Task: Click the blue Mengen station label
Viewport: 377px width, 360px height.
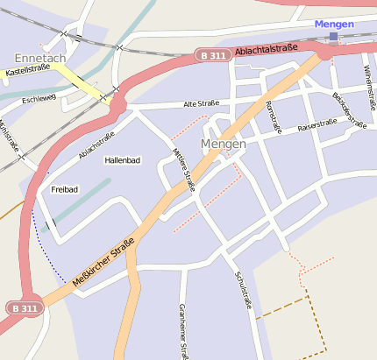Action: coord(333,24)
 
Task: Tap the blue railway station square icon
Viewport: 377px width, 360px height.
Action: coord(333,37)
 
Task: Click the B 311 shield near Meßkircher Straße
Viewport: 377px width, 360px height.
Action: coord(23,308)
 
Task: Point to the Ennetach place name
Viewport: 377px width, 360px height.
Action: coord(40,57)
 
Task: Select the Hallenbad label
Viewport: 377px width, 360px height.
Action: coord(122,160)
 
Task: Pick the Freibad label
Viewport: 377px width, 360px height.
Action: coord(64,189)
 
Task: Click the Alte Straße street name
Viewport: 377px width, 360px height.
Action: coord(201,103)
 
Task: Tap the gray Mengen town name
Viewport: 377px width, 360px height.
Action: coord(223,143)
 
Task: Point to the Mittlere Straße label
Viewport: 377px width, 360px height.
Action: coord(184,169)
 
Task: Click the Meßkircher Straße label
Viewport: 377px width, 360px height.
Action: coord(103,261)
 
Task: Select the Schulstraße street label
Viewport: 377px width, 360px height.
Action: coord(243,290)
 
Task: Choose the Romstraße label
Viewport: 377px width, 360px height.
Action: coord(273,117)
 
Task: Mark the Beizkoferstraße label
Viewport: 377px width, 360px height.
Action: coord(348,109)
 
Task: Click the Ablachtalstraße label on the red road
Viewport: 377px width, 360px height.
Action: coord(267,50)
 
